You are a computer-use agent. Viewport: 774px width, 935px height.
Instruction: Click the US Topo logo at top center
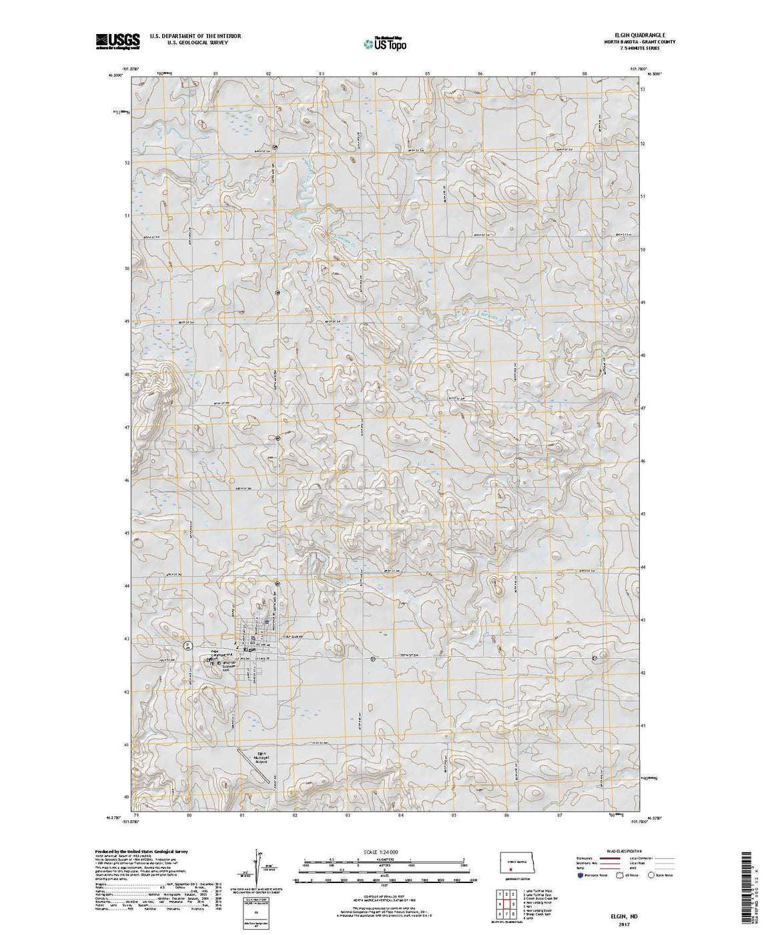(x=385, y=43)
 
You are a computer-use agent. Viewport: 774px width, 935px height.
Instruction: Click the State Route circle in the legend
(x=651, y=875)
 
